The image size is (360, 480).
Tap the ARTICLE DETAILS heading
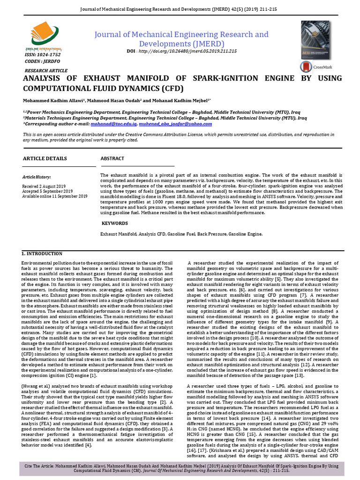click(45, 159)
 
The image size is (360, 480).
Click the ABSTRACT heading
click(112, 159)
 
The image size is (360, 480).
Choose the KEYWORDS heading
click(115, 223)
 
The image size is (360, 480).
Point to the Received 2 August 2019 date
click(45, 186)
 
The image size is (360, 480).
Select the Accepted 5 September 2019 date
click(47, 191)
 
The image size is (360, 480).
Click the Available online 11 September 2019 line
click(54, 196)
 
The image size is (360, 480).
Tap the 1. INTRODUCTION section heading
click(42, 254)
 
